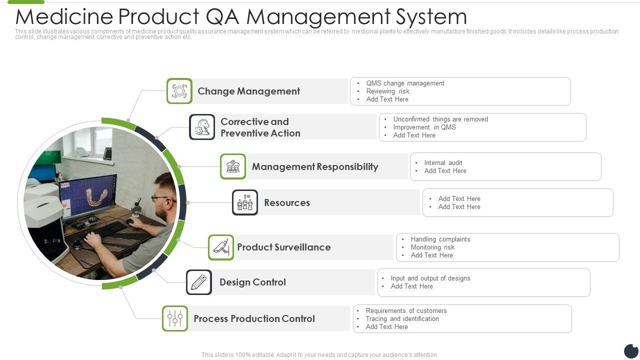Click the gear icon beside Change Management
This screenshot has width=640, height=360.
[179, 91]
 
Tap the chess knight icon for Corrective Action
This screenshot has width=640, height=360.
[202, 127]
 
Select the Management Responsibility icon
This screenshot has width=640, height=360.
[233, 166]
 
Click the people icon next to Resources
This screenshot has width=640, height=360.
[245, 202]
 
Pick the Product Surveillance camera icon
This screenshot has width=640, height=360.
[221, 247]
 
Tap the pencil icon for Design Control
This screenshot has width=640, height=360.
[199, 282]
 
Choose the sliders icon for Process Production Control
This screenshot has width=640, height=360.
[175, 318]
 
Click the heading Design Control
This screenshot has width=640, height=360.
[252, 282]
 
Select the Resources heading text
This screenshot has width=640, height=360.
[287, 202]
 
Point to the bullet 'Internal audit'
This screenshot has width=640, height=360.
[443, 162]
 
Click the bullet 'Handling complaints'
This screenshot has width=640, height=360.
[440, 239]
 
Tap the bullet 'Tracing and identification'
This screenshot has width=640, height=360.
[402, 318]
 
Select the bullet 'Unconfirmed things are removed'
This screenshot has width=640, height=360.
[440, 119]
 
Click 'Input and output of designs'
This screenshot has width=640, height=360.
[430, 278]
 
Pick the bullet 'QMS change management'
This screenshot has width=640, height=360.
[405, 83]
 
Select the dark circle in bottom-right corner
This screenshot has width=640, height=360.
[631, 351]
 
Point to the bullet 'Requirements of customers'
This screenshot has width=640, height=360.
[406, 310]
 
